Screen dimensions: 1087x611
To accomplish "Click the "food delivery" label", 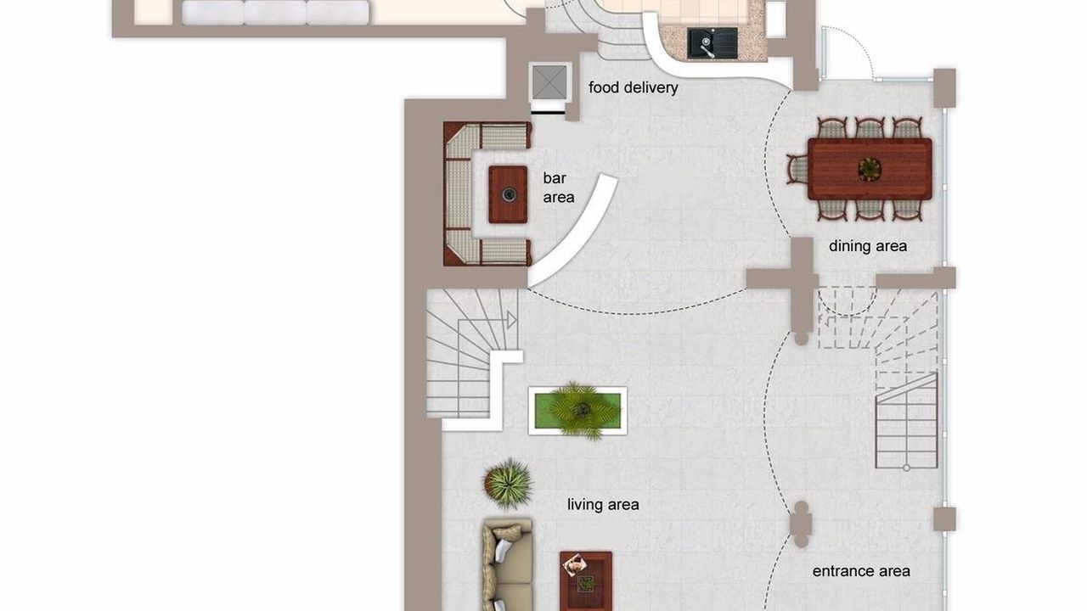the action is pyautogui.click(x=634, y=87).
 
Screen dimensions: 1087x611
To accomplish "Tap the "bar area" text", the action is pyautogui.click(x=558, y=188).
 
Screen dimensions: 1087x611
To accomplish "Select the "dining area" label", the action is pyautogui.click(x=868, y=246).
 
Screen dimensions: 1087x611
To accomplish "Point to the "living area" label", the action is pyautogui.click(x=603, y=505).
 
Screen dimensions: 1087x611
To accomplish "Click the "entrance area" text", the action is pyautogui.click(x=861, y=571).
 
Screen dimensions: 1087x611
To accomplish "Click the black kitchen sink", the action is pyautogui.click(x=712, y=42).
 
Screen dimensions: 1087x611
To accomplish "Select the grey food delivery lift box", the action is pyautogui.click(x=549, y=82).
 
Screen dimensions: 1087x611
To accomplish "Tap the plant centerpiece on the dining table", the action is pyautogui.click(x=869, y=169).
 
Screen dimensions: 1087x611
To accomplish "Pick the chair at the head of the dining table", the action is pyautogui.click(x=797, y=169).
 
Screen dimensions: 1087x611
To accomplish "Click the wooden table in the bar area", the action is pyautogui.click(x=508, y=194).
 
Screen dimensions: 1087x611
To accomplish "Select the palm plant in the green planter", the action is pyautogui.click(x=580, y=411).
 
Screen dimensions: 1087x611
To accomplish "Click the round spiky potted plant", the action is pyautogui.click(x=508, y=484).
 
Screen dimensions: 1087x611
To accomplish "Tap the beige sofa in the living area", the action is pyautogui.click(x=508, y=565).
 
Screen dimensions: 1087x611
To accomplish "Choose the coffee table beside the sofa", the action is pyautogui.click(x=586, y=581).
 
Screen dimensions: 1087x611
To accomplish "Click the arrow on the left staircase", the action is pyautogui.click(x=511, y=321).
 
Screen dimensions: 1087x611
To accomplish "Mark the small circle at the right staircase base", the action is pyautogui.click(x=906, y=468).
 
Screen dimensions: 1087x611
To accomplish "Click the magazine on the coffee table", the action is pyautogui.click(x=575, y=565).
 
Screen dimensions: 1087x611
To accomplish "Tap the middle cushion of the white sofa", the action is pyautogui.click(x=275, y=13).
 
